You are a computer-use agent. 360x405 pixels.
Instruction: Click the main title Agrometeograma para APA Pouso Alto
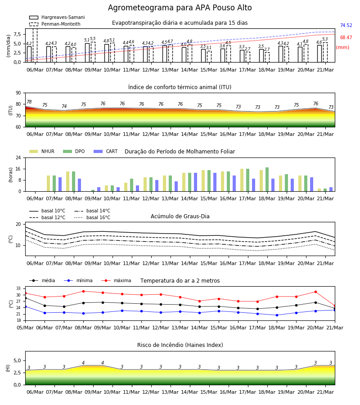point(180,8)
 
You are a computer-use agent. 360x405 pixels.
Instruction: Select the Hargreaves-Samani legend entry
point(57,17)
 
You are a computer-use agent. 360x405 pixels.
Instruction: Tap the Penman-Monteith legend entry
point(55,24)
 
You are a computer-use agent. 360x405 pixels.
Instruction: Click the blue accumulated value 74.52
point(346,25)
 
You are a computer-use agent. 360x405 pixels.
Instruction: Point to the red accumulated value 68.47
point(346,37)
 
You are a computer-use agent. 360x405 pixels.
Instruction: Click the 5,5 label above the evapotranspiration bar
point(93,39)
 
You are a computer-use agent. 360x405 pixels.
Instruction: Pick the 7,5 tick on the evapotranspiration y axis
point(17,34)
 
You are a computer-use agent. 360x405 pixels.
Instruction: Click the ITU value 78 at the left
point(29,102)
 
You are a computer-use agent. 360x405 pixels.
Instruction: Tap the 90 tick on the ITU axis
point(18,93)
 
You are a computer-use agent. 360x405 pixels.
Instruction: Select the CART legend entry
point(106,151)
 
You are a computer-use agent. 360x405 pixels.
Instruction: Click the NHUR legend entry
point(42,151)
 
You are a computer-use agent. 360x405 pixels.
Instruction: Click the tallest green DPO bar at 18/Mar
point(267,180)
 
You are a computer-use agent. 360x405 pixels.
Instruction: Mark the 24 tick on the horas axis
point(18,157)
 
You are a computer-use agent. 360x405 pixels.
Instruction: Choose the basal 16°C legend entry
point(92,217)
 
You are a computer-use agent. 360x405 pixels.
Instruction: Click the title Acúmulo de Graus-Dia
point(180,216)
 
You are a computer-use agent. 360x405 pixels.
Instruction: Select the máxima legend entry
point(116,280)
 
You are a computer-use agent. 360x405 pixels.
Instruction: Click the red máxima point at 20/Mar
point(315,292)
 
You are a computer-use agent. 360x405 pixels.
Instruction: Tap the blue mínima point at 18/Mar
point(277,315)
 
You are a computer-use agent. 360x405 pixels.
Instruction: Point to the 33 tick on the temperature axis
point(18,288)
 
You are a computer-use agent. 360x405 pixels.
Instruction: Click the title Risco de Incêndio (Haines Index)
point(180,345)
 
